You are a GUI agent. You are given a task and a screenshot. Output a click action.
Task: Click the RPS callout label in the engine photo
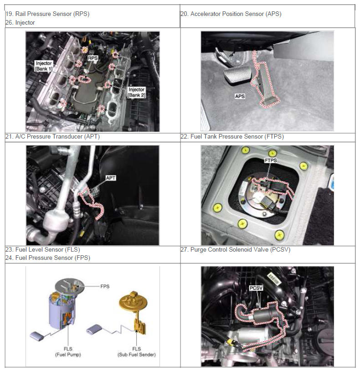[93, 58]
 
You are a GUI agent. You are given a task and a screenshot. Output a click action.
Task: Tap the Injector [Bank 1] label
[44, 66]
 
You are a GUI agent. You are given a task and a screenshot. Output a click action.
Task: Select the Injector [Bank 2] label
[136, 92]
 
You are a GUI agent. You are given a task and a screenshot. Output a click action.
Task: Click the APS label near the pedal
[240, 96]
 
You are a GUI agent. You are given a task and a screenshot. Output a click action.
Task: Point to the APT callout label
[111, 178]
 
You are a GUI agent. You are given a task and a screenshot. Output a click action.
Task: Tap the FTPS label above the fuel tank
[271, 160]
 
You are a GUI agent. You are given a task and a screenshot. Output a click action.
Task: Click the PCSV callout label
[256, 288]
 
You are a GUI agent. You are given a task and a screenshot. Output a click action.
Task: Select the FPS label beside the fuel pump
[105, 286]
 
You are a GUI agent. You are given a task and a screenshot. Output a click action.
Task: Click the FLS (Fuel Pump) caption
[68, 351]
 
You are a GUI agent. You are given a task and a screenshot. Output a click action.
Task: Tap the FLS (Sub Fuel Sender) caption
[137, 351]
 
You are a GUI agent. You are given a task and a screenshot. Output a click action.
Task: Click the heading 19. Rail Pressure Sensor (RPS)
[47, 14]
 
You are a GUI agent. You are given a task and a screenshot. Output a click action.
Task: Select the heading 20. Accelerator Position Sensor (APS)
[231, 14]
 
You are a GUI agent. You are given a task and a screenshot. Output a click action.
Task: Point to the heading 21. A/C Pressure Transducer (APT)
[52, 136]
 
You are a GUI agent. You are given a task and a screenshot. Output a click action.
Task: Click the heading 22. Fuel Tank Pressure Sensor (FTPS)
[232, 136]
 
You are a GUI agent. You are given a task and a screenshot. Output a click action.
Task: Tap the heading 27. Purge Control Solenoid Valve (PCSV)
[236, 249]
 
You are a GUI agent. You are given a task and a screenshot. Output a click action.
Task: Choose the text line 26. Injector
[20, 22]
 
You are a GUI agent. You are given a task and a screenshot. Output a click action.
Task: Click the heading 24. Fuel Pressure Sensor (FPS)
[48, 258]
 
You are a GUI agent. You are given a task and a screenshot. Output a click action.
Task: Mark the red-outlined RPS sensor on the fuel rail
[85, 79]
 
